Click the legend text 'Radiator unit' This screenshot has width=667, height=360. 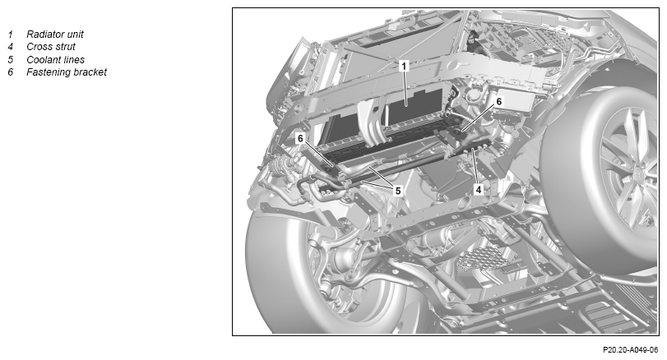[x=55, y=34]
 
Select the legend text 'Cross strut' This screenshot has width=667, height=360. [x=51, y=47]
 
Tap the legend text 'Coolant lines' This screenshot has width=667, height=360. [x=55, y=59]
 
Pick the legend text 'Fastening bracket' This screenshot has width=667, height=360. [x=67, y=72]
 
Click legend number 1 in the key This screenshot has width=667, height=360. [x=10, y=35]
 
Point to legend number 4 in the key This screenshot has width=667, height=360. [x=10, y=47]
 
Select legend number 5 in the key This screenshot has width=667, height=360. [x=10, y=59]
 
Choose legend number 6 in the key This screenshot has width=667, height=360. [x=10, y=72]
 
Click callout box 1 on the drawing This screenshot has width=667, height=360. [x=404, y=66]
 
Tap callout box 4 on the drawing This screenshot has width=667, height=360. [x=479, y=190]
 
